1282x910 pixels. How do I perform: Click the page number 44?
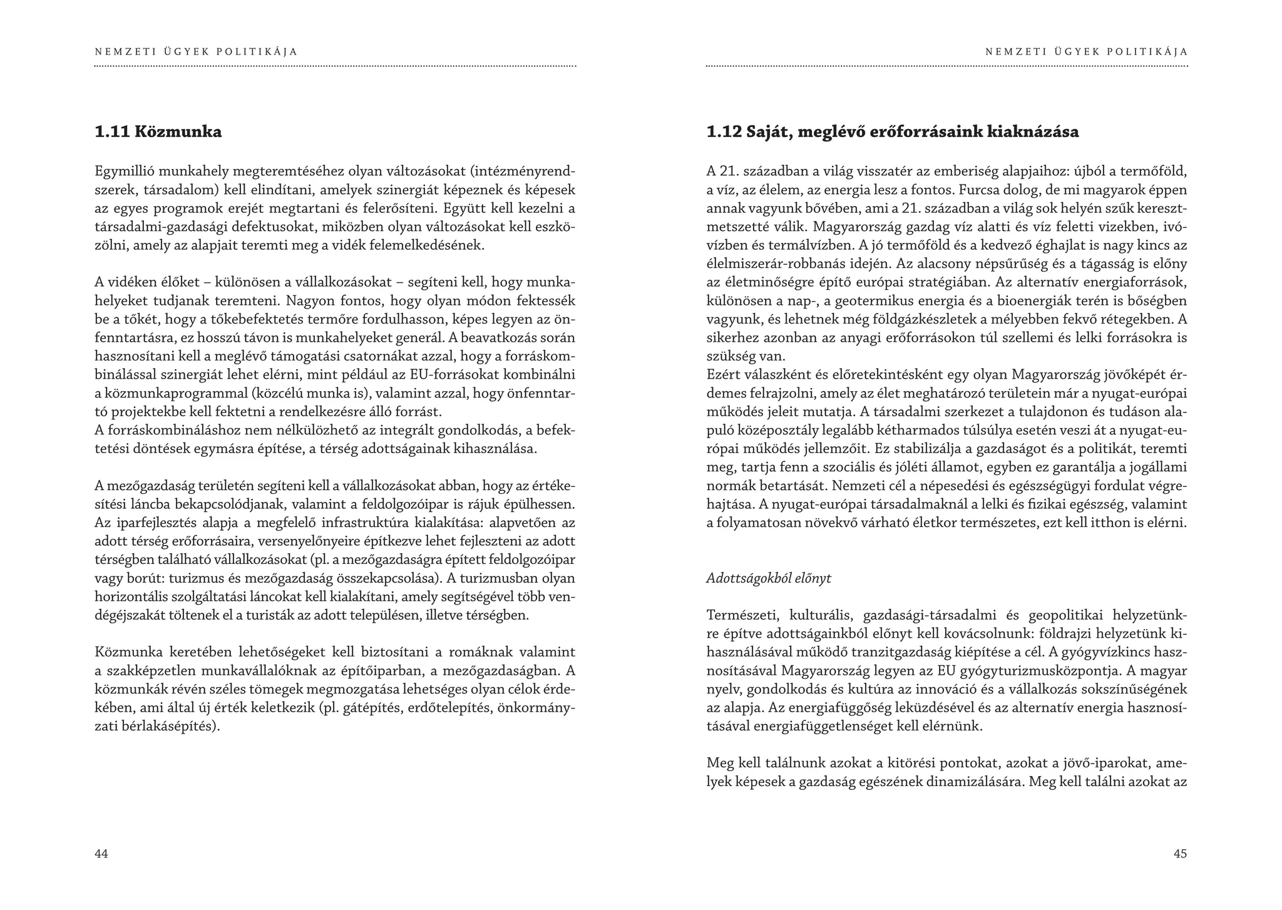[x=101, y=854]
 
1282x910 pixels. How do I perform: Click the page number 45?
[x=1180, y=854]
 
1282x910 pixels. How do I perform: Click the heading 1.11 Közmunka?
[x=158, y=132]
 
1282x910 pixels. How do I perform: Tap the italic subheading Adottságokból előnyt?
[x=769, y=578]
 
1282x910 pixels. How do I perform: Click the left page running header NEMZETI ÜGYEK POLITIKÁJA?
[x=197, y=52]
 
